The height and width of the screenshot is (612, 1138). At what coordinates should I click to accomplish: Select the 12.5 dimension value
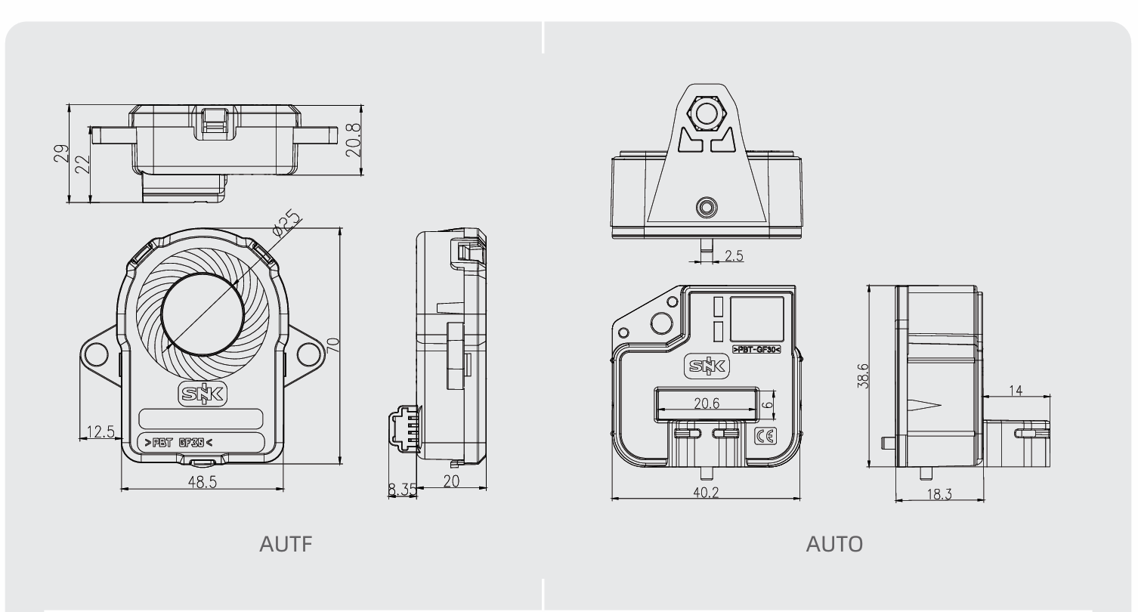click(x=101, y=432)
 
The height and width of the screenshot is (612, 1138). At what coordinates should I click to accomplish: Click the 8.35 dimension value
click(x=401, y=490)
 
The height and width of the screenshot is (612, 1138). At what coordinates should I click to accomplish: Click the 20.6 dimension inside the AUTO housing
click(x=707, y=404)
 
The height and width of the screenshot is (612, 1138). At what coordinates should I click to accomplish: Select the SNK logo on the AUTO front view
click(x=708, y=367)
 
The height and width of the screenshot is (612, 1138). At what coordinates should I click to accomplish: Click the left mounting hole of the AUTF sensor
click(x=97, y=354)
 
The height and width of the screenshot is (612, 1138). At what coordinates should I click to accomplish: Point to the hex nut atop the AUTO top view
click(x=707, y=113)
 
